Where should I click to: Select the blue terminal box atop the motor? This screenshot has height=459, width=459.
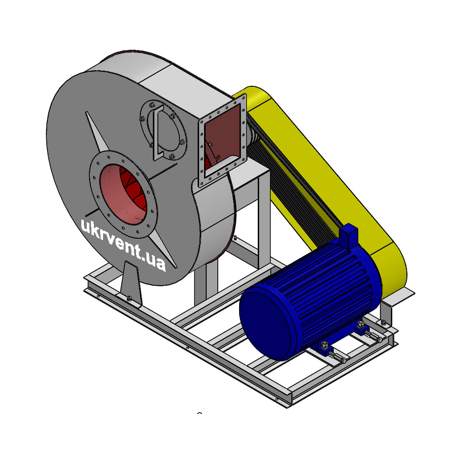coord(349,236)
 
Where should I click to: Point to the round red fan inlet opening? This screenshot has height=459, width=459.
coord(123,195)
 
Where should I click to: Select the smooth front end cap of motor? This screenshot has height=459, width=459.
coord(266,323)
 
